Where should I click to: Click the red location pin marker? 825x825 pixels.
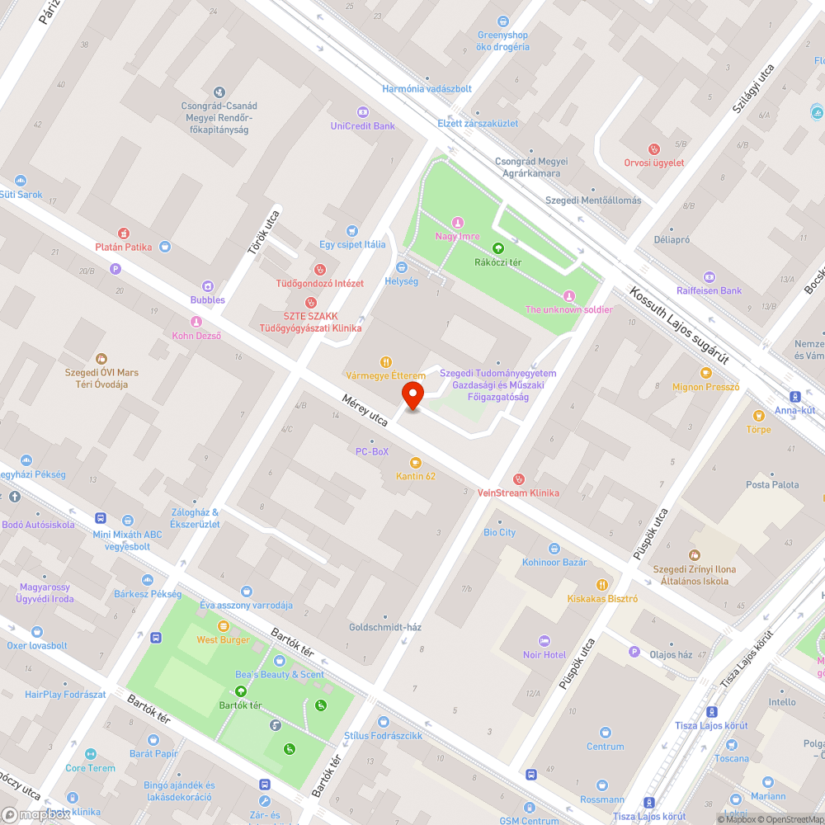(412, 396)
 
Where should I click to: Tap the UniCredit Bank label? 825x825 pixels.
(363, 126)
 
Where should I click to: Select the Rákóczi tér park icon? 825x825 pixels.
(497, 247)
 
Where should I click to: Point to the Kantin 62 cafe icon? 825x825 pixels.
(416, 462)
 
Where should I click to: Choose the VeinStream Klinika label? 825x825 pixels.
(518, 493)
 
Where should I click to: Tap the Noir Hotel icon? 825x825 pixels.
(544, 641)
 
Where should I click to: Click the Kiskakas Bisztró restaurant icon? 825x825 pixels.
(602, 585)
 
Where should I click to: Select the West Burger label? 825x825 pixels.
(224, 639)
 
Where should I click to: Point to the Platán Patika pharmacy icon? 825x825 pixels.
(124, 233)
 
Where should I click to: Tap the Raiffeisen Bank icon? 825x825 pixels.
(709, 277)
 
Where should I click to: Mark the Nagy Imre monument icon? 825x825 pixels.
(457, 223)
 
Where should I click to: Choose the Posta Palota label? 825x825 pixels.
(772, 484)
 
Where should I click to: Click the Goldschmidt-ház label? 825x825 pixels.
(384, 627)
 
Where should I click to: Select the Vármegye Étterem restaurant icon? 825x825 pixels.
(385, 362)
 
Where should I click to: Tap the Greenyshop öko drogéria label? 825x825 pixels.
(502, 41)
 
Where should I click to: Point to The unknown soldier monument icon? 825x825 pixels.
(568, 296)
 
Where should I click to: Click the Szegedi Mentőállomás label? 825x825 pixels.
(592, 200)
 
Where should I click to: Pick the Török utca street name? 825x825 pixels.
(270, 233)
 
